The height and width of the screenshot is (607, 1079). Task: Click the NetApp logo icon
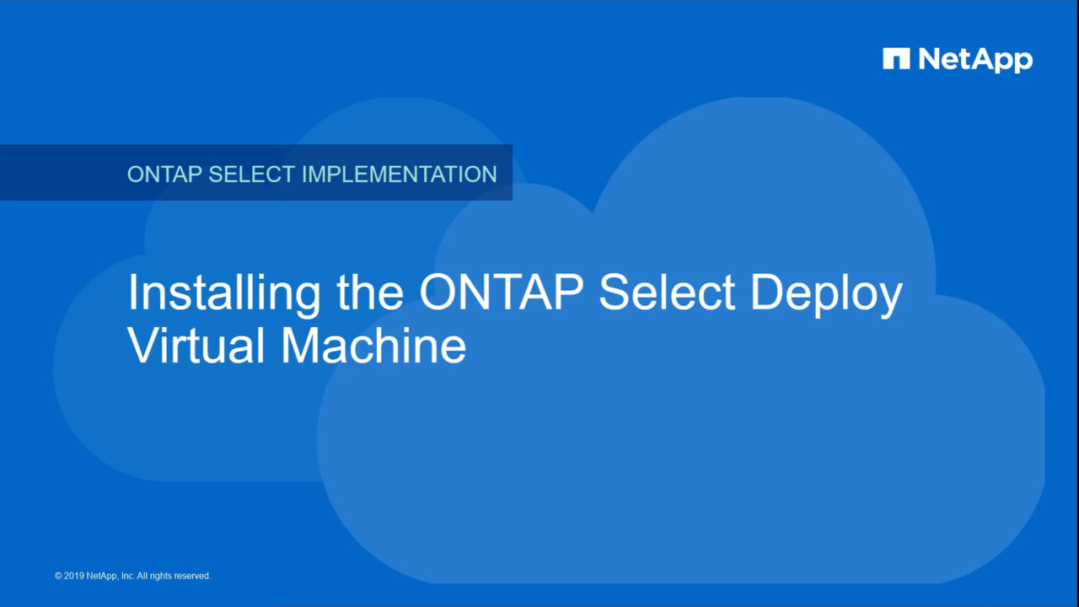tap(896, 58)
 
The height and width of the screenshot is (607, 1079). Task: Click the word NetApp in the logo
tap(976, 60)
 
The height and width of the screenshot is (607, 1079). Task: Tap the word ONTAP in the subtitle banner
tap(164, 174)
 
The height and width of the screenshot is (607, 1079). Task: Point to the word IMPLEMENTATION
tap(400, 174)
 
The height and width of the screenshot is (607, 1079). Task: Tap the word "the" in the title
tap(370, 292)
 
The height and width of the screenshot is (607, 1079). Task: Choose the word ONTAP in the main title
tap(502, 292)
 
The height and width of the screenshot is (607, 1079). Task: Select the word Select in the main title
tap(667, 292)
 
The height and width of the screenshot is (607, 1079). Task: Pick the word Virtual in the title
tap(196, 346)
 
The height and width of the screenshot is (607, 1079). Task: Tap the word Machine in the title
tap(373, 346)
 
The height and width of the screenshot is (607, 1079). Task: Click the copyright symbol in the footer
tap(58, 576)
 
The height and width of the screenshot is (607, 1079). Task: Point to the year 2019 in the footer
tap(74, 576)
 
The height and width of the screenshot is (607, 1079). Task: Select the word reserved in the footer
tap(192, 576)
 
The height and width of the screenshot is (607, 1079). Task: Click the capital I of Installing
tap(132, 292)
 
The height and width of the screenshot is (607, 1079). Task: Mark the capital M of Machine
tap(299, 346)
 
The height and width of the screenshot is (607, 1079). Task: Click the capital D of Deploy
tap(767, 292)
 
